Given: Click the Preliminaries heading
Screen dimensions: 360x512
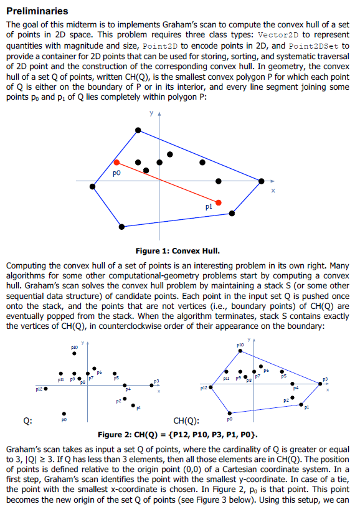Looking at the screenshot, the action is tap(37, 11).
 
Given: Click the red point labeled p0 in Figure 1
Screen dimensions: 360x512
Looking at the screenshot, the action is tap(116, 162).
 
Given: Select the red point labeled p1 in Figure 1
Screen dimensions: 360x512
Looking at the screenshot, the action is tap(218, 202).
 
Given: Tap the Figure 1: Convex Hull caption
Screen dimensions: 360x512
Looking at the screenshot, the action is tap(178, 251).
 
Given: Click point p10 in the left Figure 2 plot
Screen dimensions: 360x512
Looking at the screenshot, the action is tap(74, 353).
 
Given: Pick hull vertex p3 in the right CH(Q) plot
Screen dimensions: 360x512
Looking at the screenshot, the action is tap(320, 384).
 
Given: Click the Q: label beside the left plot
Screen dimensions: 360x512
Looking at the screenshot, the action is tap(28, 419).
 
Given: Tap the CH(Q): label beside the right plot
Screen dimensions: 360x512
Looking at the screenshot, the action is tap(185, 419).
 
